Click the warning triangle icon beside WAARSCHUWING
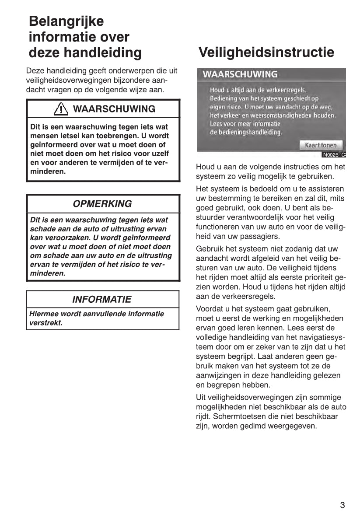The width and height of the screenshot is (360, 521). click(61, 109)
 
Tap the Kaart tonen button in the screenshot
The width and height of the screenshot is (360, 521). click(321, 145)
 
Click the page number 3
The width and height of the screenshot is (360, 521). click(343, 505)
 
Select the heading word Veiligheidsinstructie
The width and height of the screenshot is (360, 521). click(266, 52)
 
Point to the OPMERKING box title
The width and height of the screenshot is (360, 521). click(102, 204)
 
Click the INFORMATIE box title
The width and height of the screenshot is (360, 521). click(101, 300)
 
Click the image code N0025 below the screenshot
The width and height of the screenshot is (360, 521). click(331, 154)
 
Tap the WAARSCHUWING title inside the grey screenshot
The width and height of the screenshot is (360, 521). click(240, 74)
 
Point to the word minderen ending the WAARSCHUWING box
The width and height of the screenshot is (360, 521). click(48, 171)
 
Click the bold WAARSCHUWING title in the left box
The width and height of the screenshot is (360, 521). click(114, 109)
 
